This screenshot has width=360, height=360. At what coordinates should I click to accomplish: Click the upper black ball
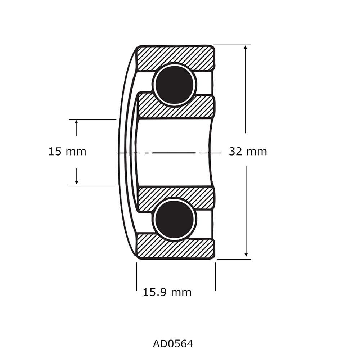point(175,85)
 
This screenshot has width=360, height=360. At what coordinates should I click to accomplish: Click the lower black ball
point(175,219)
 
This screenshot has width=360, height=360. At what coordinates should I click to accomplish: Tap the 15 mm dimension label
point(67,152)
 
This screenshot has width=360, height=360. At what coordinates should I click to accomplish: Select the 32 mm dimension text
point(248,152)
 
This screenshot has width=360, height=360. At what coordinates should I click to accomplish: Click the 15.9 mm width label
point(167,292)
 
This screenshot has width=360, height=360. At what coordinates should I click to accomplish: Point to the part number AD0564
point(173,344)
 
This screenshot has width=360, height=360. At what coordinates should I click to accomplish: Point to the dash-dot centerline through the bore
point(173,153)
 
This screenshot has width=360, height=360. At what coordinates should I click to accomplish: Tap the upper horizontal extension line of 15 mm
point(92,119)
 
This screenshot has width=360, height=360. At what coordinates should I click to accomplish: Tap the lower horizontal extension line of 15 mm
point(92,186)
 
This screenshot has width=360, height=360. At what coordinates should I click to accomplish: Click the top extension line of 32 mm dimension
point(232,44)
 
